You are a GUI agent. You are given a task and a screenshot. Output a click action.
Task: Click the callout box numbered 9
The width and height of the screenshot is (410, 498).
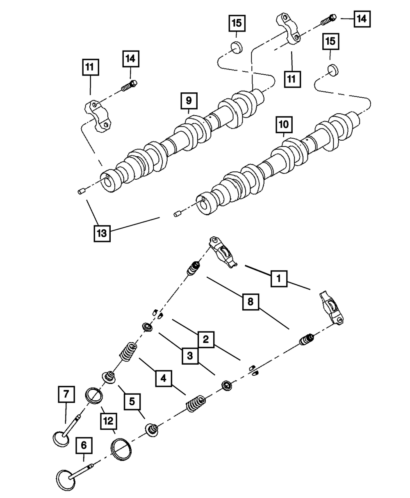188,100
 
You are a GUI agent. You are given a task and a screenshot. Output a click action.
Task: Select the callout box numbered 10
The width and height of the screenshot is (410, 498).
284,124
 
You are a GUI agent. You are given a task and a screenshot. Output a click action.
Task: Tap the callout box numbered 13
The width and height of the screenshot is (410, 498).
102,233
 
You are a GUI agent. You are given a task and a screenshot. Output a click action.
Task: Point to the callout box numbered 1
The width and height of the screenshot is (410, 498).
278,279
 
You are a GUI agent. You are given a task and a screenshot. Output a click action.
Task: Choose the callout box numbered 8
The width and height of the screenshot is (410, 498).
251,303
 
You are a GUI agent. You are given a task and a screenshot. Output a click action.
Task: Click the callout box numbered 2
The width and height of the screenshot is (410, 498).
206,339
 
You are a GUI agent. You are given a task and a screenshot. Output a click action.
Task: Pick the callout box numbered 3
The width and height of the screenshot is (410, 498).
190,356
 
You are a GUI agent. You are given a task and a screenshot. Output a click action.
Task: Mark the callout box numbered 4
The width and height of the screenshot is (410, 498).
164,378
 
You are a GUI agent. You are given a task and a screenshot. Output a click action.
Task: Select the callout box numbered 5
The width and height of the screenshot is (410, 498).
132,401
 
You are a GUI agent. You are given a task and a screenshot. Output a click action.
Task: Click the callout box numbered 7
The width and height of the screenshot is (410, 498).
66,395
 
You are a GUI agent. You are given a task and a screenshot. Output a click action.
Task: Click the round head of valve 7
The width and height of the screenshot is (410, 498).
61,438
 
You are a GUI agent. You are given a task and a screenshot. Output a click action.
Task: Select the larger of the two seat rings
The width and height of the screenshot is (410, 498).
123,450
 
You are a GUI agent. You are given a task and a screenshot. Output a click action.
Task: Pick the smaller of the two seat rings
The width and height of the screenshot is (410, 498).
95,397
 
